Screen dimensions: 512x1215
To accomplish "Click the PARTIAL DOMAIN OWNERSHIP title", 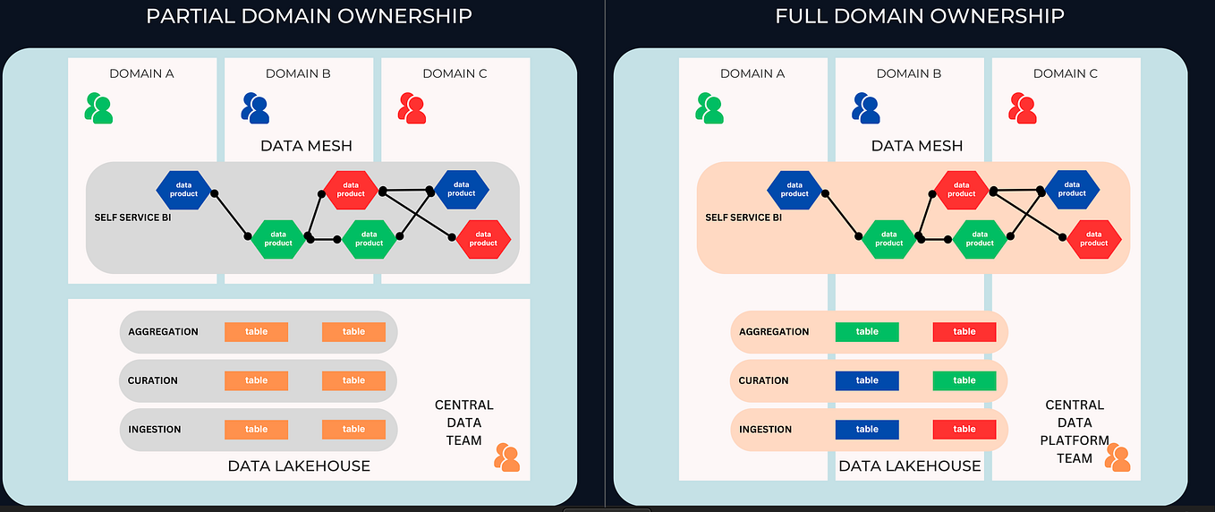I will (x=309, y=16).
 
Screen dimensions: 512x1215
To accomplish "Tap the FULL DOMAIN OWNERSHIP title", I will (x=920, y=16).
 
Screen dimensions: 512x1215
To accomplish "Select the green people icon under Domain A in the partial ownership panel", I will (x=98, y=108).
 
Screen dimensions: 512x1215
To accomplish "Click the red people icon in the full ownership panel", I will (x=1023, y=108).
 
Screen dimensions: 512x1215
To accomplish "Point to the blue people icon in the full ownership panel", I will (x=866, y=108).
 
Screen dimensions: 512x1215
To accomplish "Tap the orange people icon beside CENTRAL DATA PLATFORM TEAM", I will (x=1117, y=457).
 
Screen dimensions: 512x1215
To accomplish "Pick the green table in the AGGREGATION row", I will (x=867, y=332).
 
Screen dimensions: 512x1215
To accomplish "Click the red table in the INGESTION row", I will (x=964, y=430).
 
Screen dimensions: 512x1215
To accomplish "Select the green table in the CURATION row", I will (x=964, y=380).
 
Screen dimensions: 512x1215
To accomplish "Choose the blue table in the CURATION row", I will (x=867, y=380).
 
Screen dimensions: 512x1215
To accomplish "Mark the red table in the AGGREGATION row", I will (x=964, y=332).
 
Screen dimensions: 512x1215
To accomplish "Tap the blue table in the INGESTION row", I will (x=867, y=430).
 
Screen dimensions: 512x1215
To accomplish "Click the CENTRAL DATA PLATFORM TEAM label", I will (x=1074, y=431).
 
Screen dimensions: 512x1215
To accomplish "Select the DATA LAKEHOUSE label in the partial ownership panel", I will (x=299, y=465).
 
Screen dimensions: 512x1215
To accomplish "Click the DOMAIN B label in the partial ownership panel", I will (x=298, y=73).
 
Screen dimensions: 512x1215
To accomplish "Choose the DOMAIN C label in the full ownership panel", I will (x=1066, y=73).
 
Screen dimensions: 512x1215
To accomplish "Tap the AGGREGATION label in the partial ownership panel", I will (x=163, y=332).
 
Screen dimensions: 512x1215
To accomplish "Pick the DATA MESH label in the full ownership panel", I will (x=917, y=145).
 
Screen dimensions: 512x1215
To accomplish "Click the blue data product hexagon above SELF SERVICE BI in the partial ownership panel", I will (x=183, y=190).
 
